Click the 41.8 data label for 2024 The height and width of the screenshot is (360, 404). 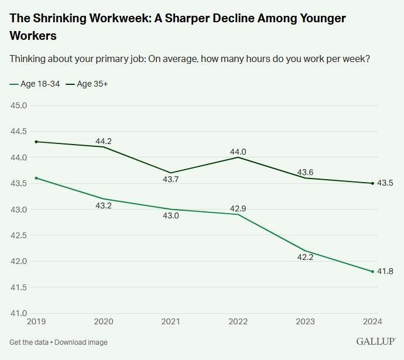click(x=386, y=272)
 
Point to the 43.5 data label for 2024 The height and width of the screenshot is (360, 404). click(x=386, y=183)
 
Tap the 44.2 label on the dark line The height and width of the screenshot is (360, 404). click(x=104, y=141)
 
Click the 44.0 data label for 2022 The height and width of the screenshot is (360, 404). click(x=238, y=152)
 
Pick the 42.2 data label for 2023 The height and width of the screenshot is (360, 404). click(x=305, y=256)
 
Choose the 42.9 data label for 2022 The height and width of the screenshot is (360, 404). click(x=238, y=209)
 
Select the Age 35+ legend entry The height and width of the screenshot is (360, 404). click(x=87, y=84)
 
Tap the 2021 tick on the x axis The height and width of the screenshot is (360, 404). click(x=170, y=321)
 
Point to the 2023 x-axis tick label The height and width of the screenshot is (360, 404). click(x=305, y=321)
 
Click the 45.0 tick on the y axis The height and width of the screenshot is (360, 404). click(x=19, y=105)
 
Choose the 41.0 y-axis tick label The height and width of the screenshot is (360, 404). click(x=19, y=313)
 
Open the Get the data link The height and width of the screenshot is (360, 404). click(x=29, y=342)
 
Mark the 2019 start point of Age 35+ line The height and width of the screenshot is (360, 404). click(x=36, y=142)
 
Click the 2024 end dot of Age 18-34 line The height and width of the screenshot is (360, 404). click(x=372, y=272)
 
